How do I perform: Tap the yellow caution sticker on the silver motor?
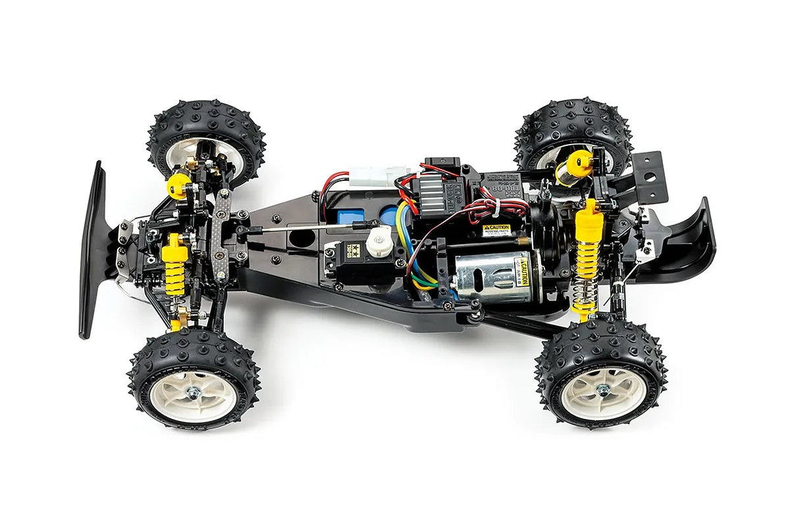(525, 272)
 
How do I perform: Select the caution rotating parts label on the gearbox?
(496, 230)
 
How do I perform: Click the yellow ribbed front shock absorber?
(174, 263)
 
